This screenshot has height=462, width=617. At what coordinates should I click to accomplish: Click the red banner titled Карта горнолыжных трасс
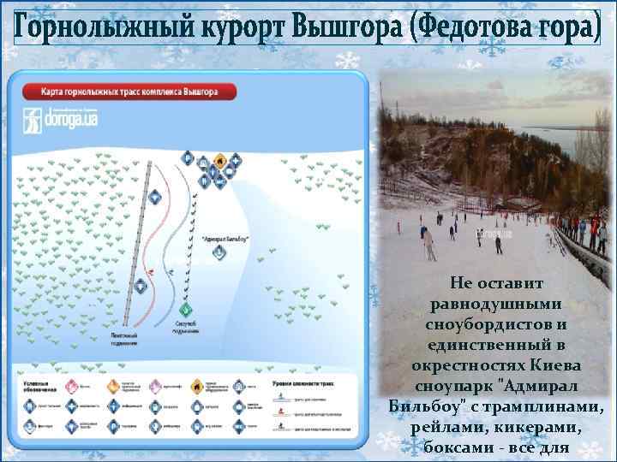[129, 91]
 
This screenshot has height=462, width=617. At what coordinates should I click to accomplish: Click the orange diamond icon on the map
[220, 159]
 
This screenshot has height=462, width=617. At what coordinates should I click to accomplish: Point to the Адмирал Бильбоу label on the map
[225, 239]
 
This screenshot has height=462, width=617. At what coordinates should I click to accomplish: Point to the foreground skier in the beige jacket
[429, 245]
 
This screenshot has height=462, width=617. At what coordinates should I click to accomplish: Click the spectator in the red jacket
[582, 229]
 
